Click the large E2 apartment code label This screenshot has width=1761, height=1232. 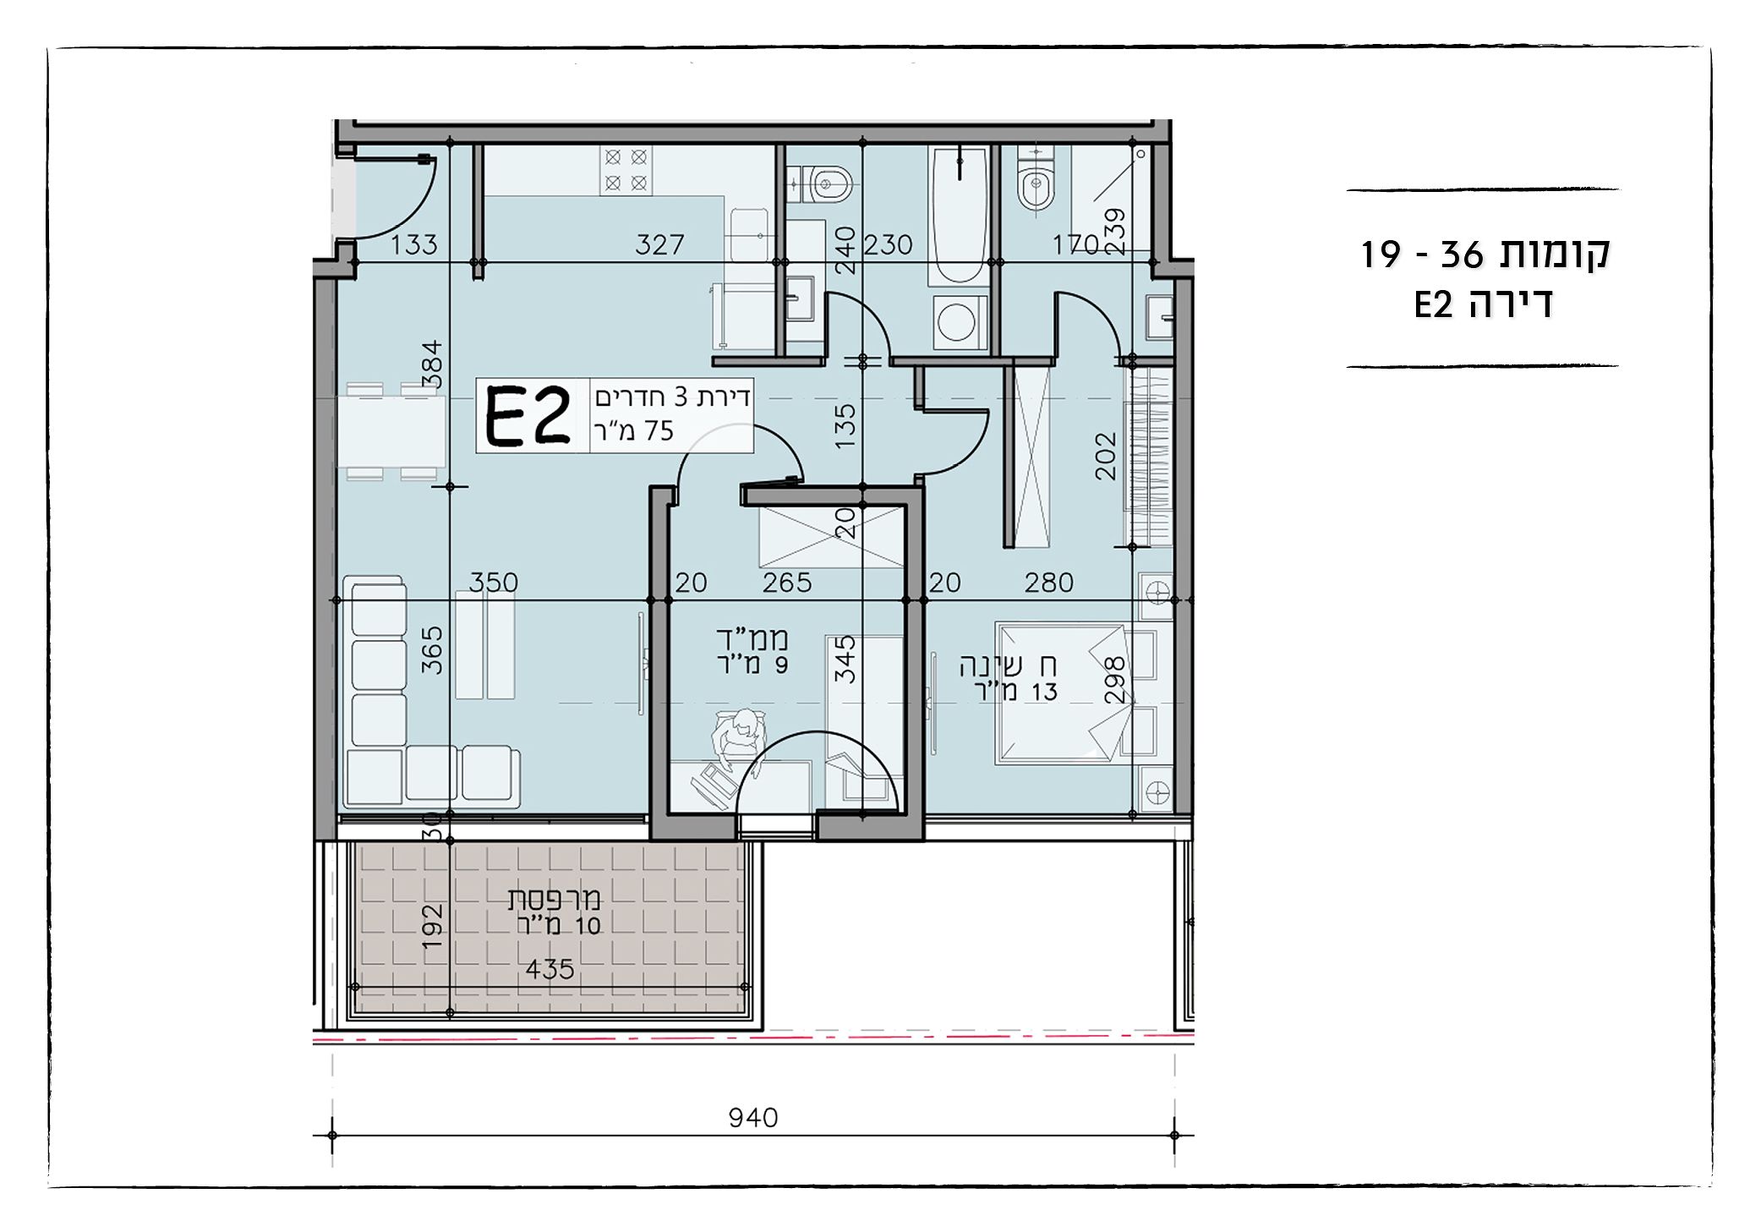click(528, 416)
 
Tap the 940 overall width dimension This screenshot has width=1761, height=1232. click(752, 1118)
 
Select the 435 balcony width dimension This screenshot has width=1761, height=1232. click(550, 969)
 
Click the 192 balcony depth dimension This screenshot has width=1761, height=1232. click(432, 926)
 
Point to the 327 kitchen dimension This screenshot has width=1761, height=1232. click(659, 245)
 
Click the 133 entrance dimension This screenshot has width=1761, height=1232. click(414, 245)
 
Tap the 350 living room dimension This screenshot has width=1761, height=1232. click(494, 583)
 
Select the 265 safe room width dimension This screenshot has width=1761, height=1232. click(787, 583)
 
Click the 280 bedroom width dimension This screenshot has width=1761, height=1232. click(1049, 583)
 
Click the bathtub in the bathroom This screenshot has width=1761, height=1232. click(959, 216)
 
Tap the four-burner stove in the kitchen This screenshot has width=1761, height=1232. click(626, 170)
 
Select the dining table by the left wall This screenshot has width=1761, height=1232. click(392, 431)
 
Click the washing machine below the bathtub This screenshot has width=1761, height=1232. click(959, 322)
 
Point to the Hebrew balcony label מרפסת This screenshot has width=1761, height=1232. click(554, 898)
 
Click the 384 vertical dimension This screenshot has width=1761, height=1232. click(432, 364)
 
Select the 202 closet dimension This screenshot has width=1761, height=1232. click(1106, 457)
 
